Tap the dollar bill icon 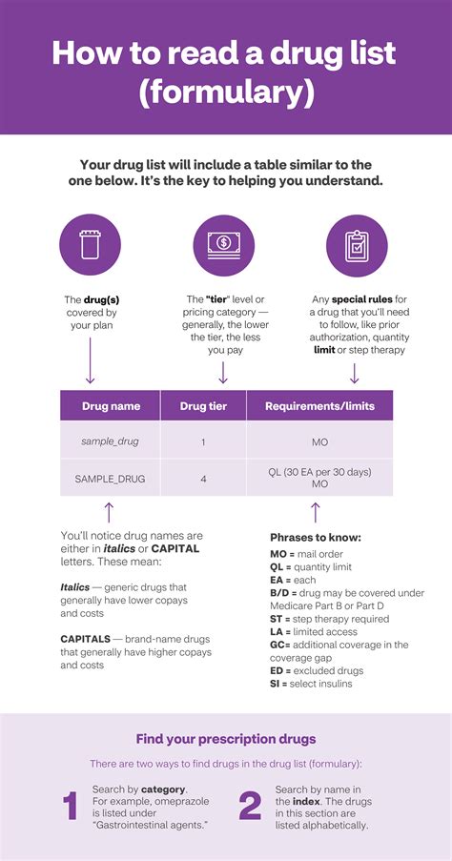223,244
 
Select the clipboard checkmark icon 357,244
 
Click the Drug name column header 111,406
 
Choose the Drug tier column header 204,406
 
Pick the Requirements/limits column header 319,406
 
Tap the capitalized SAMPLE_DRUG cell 111,479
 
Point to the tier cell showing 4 204,479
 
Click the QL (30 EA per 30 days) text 319,472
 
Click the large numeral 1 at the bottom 70,807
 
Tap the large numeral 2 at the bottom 250,807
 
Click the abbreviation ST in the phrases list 277,619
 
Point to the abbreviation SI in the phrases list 276,684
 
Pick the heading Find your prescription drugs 225,739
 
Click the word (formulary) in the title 226,92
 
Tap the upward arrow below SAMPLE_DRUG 110,513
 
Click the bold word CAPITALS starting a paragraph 86,638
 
